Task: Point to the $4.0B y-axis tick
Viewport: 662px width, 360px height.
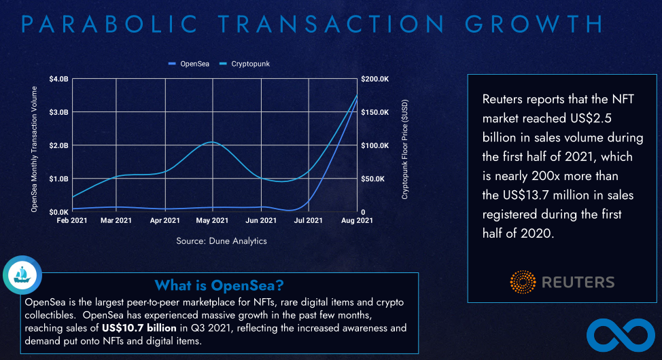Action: pos(59,79)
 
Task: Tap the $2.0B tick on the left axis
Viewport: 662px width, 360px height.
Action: pos(59,145)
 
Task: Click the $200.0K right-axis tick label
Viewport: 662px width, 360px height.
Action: pos(374,79)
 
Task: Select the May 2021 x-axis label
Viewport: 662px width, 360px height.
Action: pos(212,221)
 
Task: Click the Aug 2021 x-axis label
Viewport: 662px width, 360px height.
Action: pos(356,221)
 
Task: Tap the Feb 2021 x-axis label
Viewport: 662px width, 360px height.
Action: pos(72,221)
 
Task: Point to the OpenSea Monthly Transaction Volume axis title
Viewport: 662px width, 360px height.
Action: pos(34,146)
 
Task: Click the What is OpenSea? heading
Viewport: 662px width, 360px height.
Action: pos(219,285)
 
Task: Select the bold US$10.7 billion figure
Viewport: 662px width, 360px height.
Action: pos(140,328)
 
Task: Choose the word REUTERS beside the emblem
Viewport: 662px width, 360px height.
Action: pos(578,283)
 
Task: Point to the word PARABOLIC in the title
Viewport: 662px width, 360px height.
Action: pos(101,24)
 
